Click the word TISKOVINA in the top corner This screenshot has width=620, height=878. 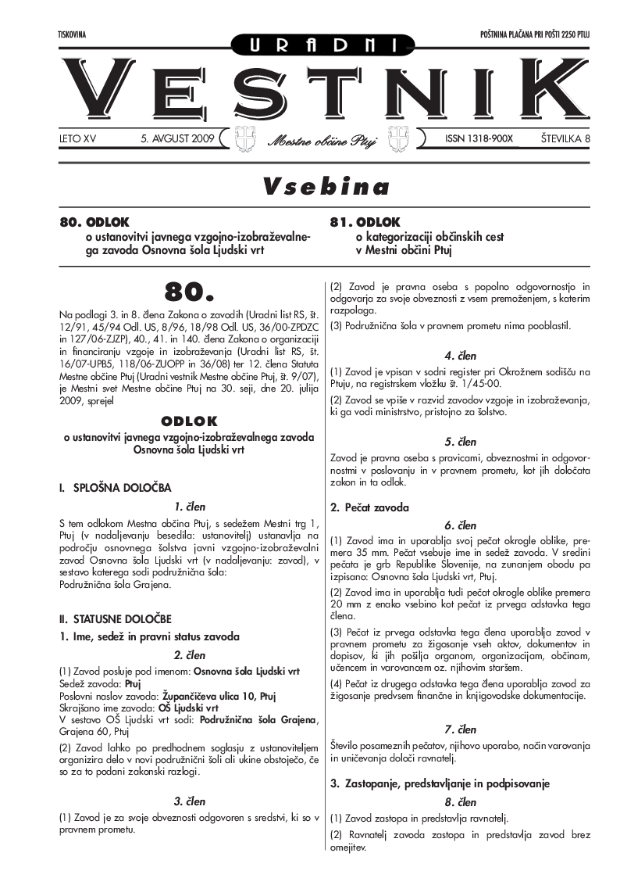[71, 36]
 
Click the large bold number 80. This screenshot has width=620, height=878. [188, 291]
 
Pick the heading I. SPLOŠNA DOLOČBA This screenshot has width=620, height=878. [115, 488]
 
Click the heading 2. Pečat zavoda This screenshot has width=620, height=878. [369, 507]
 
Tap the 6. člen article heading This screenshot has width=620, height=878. [460, 525]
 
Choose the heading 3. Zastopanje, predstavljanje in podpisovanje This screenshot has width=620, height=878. [440, 783]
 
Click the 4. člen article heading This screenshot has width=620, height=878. [460, 354]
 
